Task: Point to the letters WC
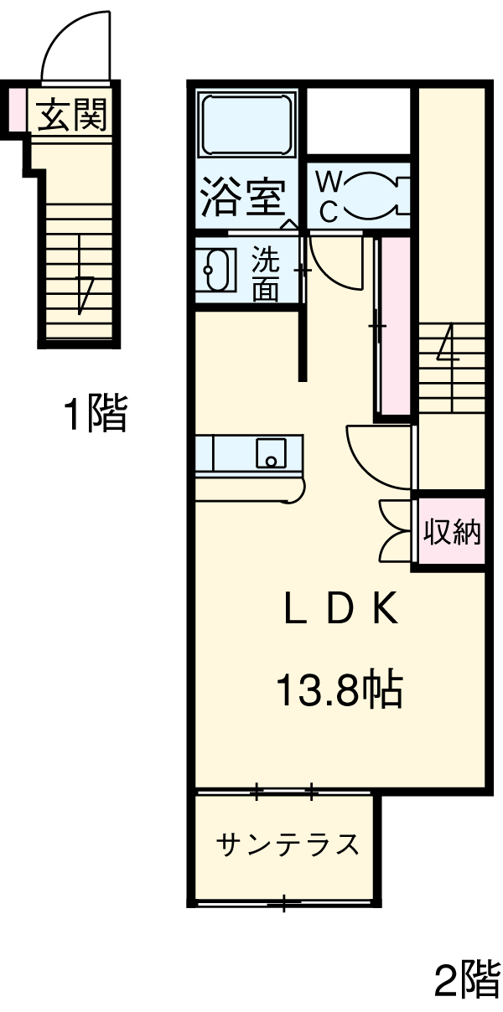[329, 196]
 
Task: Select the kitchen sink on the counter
[270, 453]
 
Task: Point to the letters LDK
[340, 612]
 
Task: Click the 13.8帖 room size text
[340, 692]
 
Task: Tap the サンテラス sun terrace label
[288, 844]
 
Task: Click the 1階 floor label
[95, 414]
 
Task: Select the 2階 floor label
[465, 978]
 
